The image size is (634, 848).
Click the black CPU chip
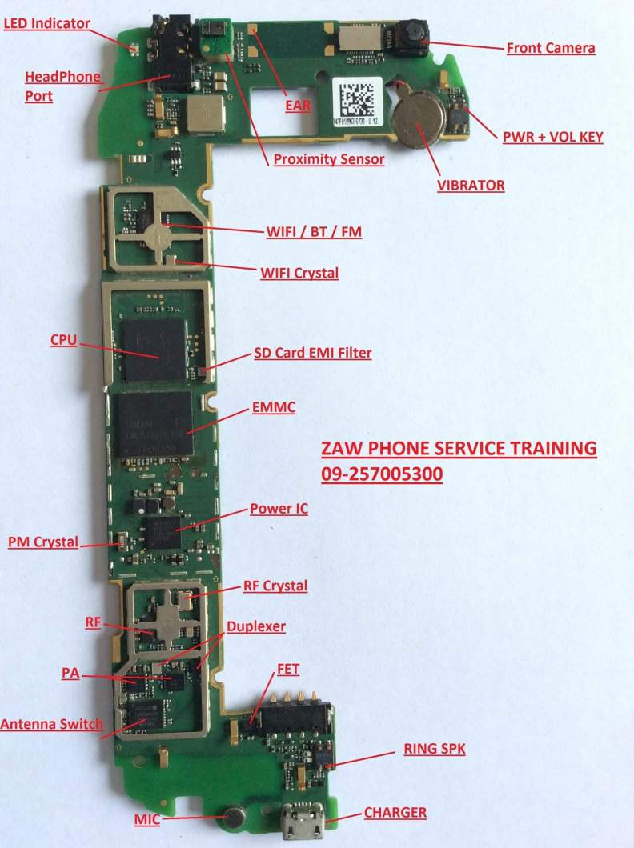154,349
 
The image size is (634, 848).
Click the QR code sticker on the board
354,98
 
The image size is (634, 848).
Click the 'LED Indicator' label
46,23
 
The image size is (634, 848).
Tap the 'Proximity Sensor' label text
328,159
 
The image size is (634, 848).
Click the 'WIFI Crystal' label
299,273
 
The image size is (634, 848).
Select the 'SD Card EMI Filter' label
312,352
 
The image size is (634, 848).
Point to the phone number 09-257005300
382,474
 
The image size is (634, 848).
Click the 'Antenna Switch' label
51,724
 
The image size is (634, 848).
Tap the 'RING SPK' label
433,750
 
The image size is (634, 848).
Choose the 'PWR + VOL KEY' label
552,137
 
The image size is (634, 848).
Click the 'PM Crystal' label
43,542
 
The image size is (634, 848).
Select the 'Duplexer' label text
255,626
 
